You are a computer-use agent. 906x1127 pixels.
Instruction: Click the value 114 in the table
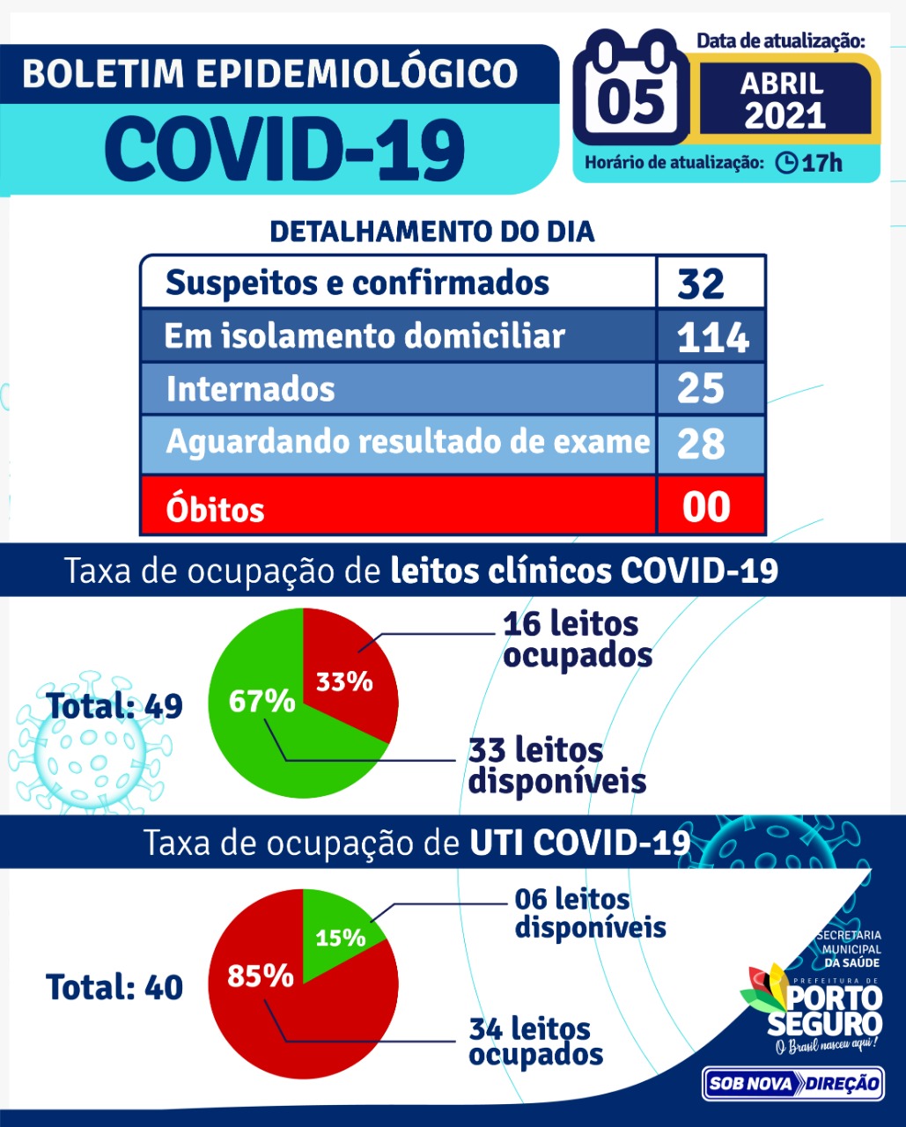point(712,337)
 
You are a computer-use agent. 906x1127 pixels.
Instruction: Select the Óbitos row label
point(215,509)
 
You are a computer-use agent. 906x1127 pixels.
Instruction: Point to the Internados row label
point(251,389)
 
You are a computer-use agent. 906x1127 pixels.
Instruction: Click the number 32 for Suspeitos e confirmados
point(701,284)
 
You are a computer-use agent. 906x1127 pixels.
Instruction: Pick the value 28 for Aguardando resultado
point(701,443)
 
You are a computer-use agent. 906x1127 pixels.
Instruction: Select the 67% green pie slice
point(261,704)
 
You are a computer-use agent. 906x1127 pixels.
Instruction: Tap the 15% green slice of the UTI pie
point(340,935)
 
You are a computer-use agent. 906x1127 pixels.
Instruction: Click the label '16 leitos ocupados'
point(577,639)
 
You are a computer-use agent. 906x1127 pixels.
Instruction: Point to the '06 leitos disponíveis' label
point(589,913)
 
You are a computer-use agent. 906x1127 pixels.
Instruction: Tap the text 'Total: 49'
point(114,706)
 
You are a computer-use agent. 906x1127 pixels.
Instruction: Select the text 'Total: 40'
point(114,987)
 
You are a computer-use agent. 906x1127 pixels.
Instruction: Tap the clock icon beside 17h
point(786,163)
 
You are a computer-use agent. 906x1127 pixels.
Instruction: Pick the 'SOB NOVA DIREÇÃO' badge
point(792,1084)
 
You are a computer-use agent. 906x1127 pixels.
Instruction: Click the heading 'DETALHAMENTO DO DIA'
point(431,232)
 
